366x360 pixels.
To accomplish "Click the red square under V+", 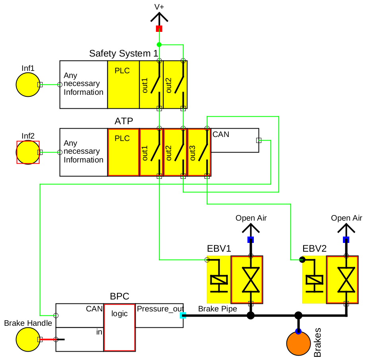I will (159, 28).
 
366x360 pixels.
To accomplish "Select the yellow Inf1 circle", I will (28, 85).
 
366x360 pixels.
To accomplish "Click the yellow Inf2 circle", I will (28, 152).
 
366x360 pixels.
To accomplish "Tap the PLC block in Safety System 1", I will (123, 84).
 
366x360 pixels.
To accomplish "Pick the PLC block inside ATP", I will (123, 152).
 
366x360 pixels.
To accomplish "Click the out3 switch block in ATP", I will (199, 152).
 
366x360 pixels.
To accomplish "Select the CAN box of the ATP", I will (235, 140).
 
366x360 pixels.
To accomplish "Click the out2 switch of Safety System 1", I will (175, 84).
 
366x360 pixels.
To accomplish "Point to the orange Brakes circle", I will (298, 344).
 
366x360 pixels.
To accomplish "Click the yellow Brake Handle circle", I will (28, 340).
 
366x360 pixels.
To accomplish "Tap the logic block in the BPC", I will (119, 327).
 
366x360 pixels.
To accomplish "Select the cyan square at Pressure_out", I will (183, 315).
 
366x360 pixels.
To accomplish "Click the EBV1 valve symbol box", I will (247, 280).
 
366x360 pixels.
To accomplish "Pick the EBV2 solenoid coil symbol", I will (314, 280).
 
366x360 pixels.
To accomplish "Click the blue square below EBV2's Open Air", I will (346, 240).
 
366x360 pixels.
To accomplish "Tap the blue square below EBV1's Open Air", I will (251, 240).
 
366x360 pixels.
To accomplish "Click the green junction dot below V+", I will (159, 45).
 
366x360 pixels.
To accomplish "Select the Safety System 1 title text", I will (123, 53).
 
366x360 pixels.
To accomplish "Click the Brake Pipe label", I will (217, 309).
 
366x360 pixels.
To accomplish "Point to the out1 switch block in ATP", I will (151, 152).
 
